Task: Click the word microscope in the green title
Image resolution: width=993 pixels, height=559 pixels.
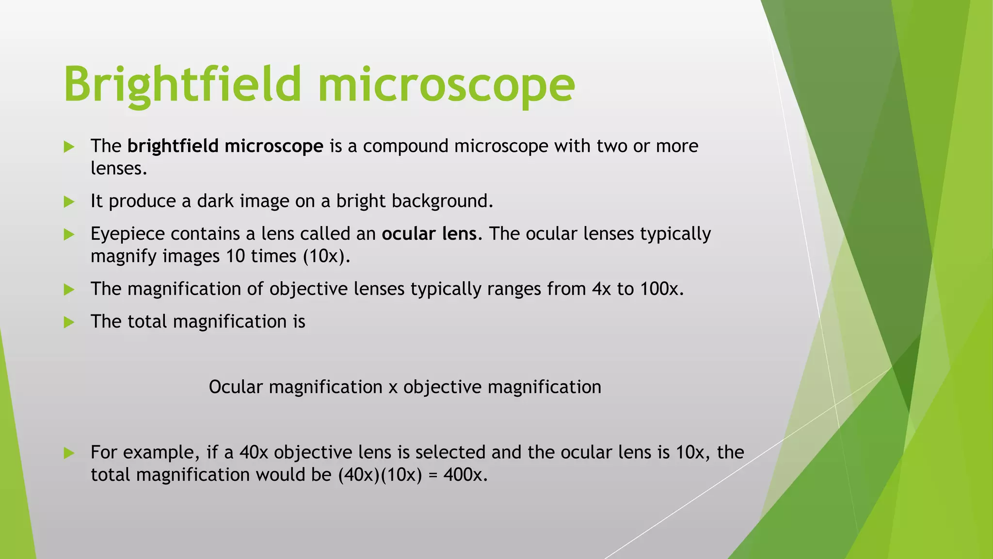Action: tap(446, 85)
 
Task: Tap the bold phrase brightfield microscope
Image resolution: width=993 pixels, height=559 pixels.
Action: tap(225, 146)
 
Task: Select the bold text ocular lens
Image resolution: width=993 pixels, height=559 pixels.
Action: tap(429, 234)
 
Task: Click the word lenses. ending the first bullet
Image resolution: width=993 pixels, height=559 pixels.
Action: tap(119, 168)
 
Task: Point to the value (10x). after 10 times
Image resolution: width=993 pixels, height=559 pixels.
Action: tap(326, 256)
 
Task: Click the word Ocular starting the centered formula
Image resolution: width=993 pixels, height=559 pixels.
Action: tap(236, 387)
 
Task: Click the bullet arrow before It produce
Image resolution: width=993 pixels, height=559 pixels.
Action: tap(69, 201)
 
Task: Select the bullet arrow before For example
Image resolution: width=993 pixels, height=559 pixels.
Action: tap(69, 453)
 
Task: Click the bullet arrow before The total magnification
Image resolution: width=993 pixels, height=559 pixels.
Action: tap(69, 322)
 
